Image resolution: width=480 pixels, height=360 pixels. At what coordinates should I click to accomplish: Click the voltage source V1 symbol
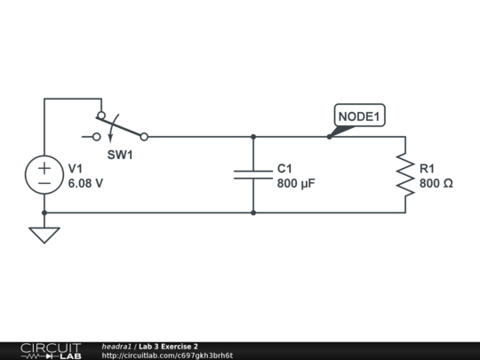[x=44, y=175]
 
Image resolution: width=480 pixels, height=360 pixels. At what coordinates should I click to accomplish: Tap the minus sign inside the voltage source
[x=44, y=183]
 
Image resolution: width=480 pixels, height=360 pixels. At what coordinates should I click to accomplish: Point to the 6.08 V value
[x=86, y=184]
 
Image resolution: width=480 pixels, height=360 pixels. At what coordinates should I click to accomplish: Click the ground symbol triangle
[x=44, y=235]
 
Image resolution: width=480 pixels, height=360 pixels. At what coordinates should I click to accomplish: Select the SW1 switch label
[x=120, y=155]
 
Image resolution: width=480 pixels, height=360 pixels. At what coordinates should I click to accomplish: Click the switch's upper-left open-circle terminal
[x=100, y=116]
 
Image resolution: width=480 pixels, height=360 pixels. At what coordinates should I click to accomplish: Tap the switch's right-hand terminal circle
[x=144, y=137]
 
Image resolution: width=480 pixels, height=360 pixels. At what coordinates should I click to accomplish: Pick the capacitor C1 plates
[x=253, y=175]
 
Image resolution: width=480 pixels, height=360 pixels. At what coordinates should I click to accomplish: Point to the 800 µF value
[x=296, y=184]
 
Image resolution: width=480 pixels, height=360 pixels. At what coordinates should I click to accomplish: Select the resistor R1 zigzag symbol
[x=405, y=175]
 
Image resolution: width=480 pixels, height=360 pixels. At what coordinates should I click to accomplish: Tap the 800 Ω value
[x=436, y=184]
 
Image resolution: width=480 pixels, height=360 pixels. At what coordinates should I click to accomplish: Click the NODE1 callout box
[x=360, y=116]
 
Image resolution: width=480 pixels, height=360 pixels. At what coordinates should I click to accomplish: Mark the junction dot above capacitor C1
[x=253, y=137]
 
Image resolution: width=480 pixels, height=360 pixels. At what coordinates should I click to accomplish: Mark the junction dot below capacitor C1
[x=253, y=212]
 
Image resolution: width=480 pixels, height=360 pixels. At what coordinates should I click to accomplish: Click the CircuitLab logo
[x=50, y=350]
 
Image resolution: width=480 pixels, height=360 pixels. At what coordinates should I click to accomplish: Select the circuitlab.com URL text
[x=167, y=356]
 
